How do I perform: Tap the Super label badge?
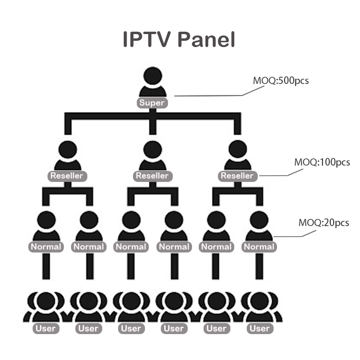pos(152,103)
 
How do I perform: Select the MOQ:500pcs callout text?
pos(281,80)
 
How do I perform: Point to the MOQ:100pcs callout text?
pos(322,162)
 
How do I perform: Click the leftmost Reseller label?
pos(67,176)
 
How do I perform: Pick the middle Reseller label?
pos(152,176)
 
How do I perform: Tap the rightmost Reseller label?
pos(237,176)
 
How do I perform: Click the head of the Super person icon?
pos(153,76)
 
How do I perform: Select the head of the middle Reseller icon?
pos(153,149)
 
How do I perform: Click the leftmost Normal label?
pos(46,247)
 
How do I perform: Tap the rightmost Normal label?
pos(259,247)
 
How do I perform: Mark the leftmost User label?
pos(46,329)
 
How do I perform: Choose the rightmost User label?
pos(259,329)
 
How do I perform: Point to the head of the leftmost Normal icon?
pos(46,220)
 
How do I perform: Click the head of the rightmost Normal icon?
pos(259,220)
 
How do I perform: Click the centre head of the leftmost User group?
pos(46,301)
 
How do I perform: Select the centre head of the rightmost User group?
pos(259,301)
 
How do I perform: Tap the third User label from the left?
pos(131,329)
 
